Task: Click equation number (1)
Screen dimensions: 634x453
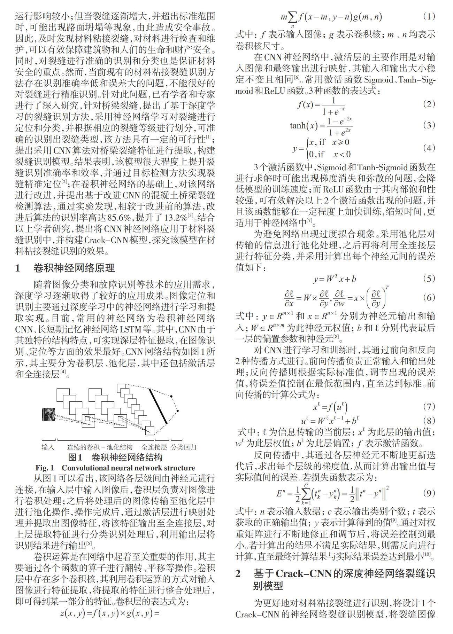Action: [x=429, y=16]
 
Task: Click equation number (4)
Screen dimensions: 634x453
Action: [x=429, y=148]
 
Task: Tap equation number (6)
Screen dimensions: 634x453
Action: [x=429, y=298]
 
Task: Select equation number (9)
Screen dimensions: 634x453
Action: [x=429, y=493]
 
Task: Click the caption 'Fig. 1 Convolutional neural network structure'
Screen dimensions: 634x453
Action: [x=115, y=468]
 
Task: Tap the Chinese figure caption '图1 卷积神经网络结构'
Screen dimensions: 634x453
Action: [x=115, y=457]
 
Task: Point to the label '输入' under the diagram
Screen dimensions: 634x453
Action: [x=48, y=447]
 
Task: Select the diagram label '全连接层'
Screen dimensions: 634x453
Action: [x=154, y=447]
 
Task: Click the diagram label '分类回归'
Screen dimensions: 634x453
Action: [x=184, y=447]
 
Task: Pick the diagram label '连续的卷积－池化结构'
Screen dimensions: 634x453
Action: [x=100, y=447]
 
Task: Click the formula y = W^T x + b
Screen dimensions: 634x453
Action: [x=335, y=279]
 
